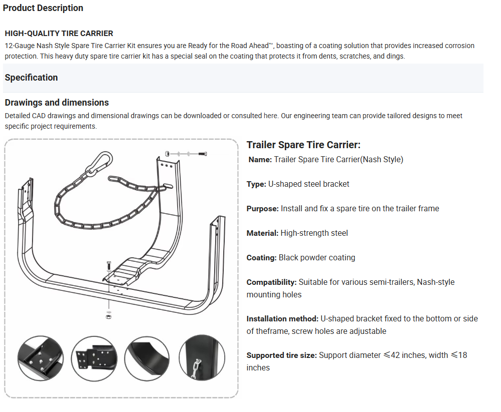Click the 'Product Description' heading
click(x=43, y=8)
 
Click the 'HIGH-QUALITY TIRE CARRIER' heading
click(x=59, y=34)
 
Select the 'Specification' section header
click(x=31, y=78)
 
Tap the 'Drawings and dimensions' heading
click(x=57, y=103)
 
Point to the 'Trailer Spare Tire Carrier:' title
click(x=303, y=145)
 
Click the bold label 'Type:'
click(x=256, y=184)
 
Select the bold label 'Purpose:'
click(x=262, y=209)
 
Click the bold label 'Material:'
click(x=262, y=233)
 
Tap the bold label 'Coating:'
click(x=261, y=258)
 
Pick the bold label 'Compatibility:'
click(x=271, y=282)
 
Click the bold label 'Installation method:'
click(x=282, y=319)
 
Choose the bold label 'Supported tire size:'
click(x=281, y=355)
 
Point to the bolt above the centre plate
click(x=109, y=266)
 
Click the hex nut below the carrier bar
click(x=109, y=316)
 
